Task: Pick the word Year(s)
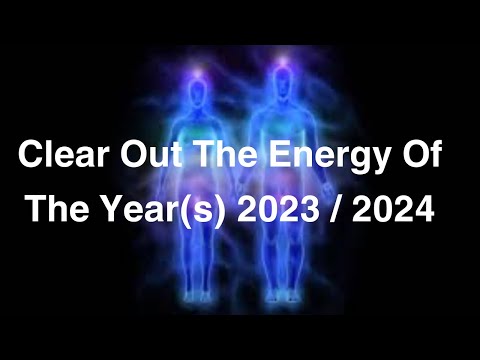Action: (x=163, y=211)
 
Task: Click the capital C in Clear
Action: (x=30, y=157)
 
